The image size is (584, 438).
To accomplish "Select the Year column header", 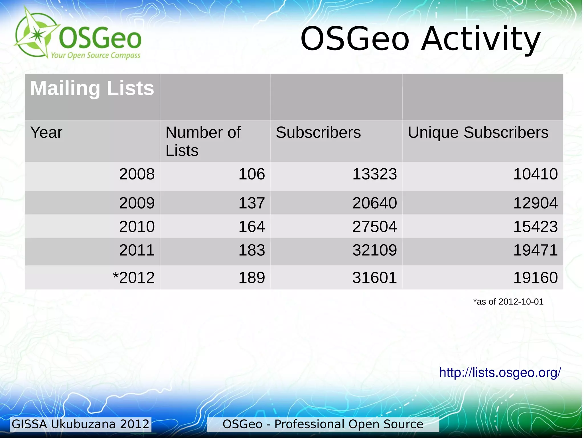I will point(46,132).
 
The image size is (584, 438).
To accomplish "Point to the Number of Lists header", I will point(203,141).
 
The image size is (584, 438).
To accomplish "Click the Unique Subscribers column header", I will point(478,132).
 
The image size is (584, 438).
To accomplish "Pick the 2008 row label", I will point(137,174).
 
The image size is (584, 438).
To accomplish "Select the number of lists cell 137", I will point(252,203).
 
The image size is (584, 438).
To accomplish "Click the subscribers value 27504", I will point(374,227).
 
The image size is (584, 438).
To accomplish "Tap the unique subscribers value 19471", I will point(535,250).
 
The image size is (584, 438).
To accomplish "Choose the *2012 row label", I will point(133,277).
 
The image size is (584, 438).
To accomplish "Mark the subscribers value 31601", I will point(374,277).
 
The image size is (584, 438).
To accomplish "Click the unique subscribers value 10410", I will point(535,174).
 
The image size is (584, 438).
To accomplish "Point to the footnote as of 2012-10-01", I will point(508,302).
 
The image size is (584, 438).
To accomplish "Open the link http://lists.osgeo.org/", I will point(500,372).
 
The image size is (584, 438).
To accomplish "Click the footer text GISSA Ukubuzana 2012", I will point(80,424).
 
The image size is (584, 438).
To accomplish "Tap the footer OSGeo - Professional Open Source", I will point(323,424).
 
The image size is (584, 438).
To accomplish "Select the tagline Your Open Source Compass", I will point(96,55).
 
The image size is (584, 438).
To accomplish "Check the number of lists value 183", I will point(252,250).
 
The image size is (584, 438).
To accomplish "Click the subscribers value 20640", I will point(374,203).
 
